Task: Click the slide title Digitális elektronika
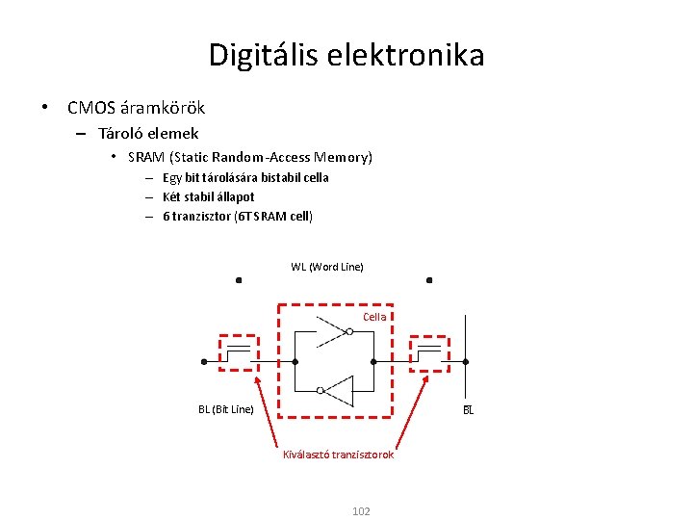pos(346,55)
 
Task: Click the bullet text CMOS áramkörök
pos(136,108)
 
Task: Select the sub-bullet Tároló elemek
pos(148,134)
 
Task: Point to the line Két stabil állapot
pos(208,196)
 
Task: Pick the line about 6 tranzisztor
pos(237,216)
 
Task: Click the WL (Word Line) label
pos(327,267)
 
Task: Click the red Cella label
pos(374,317)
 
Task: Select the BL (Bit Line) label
pos(226,409)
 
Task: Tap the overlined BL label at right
pos(469,410)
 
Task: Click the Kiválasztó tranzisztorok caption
pos(338,455)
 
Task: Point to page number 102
pos(361,511)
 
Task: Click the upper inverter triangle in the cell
pos(332,333)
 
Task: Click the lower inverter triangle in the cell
pos(338,390)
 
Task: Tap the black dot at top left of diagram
pos(239,281)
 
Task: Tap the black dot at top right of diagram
pos(429,281)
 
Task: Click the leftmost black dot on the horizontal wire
pos(204,362)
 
